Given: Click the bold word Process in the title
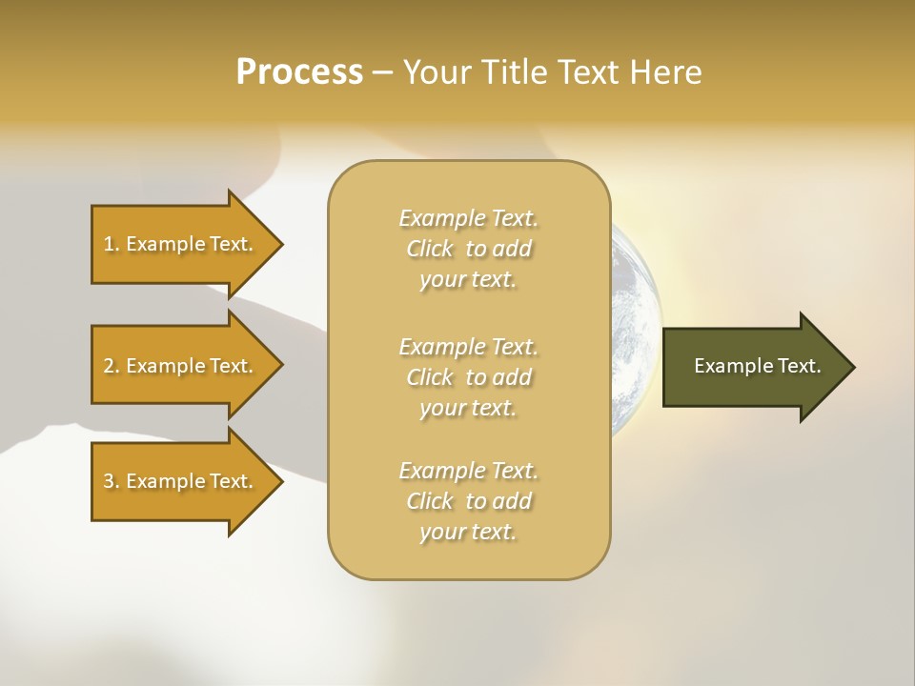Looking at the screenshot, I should click(299, 72).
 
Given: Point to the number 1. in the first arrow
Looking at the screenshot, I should click(112, 244).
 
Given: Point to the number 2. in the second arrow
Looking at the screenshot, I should click(112, 366).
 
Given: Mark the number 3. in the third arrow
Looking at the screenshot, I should click(112, 481).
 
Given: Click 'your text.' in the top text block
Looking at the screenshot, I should click(468, 280).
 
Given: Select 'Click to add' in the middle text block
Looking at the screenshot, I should click(468, 377).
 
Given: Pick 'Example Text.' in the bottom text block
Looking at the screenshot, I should click(468, 471).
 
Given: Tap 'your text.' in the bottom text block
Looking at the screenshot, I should click(468, 533).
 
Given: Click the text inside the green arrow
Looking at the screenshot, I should click(758, 366).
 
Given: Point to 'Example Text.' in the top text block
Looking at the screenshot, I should click(468, 218).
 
